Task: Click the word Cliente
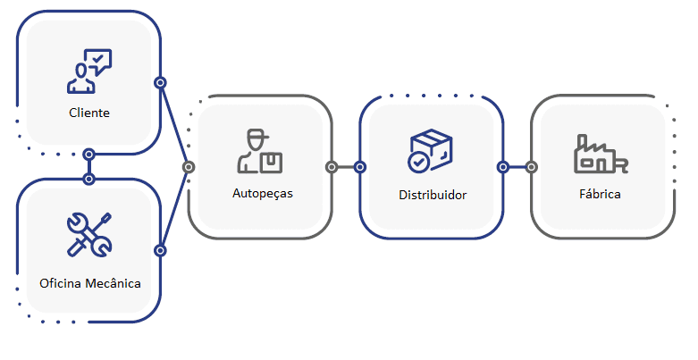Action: [89, 113]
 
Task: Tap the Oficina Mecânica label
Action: [89, 283]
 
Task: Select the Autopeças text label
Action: [262, 192]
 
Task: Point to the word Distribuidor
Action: [433, 194]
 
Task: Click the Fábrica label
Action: [599, 193]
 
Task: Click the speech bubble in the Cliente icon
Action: [98, 61]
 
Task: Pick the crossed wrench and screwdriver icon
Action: [89, 234]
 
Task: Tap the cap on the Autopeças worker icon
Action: [257, 136]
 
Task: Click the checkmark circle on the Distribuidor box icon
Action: [418, 162]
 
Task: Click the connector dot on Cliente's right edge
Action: [160, 83]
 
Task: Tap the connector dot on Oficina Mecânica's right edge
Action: [160, 250]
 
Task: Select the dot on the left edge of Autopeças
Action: [188, 166]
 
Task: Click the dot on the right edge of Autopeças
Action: [332, 166]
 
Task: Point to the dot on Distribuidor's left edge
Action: [359, 166]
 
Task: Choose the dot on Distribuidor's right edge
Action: [503, 166]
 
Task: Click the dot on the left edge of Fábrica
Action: [531, 166]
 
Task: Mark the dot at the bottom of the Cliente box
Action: [88, 154]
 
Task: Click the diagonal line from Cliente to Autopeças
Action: [173, 124]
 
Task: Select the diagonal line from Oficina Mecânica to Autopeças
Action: [173, 209]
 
